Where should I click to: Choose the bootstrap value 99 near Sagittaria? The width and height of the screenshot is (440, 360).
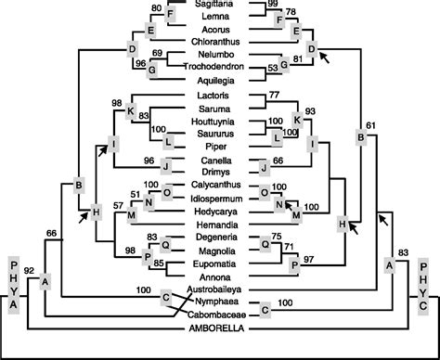point(272,6)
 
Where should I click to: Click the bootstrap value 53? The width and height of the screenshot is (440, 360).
point(273,68)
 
